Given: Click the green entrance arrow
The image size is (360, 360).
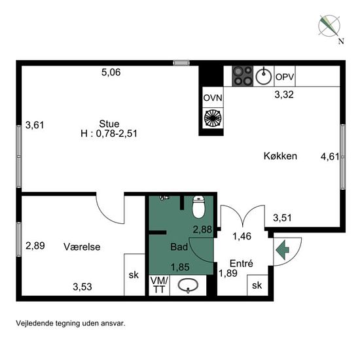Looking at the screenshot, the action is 282,250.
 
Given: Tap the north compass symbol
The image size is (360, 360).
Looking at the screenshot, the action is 329,26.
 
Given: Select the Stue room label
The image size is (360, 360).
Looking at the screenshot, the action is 109,124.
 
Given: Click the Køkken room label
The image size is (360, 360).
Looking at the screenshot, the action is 280,156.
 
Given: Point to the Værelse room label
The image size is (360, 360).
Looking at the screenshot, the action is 82,247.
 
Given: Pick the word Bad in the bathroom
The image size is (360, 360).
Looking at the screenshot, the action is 179,247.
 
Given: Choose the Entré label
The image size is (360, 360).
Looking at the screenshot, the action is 242,263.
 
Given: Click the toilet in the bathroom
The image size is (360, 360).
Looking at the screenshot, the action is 198,207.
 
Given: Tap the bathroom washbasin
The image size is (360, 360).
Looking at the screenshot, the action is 188,285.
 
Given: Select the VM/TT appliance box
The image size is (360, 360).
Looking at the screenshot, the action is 159,285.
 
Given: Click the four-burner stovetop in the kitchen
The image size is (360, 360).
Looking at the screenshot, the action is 243,76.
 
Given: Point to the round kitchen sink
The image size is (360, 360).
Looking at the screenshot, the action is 264,76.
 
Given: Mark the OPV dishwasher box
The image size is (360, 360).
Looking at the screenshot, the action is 285,76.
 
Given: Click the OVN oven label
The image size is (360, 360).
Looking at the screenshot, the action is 213,98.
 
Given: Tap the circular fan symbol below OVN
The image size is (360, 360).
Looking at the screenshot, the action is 213,118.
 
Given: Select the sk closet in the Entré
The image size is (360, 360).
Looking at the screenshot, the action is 257,285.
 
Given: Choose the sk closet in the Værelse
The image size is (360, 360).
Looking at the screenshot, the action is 134,275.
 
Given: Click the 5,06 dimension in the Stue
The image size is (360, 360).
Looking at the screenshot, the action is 111,72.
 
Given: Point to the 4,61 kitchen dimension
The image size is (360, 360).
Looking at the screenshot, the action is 330,157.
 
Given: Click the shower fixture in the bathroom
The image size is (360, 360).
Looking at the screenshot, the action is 164,198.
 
